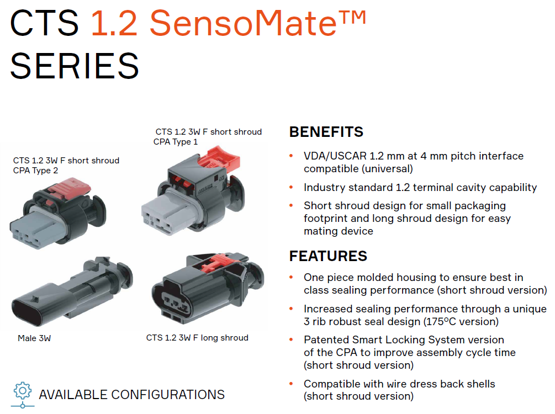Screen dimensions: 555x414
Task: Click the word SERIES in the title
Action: (x=75, y=66)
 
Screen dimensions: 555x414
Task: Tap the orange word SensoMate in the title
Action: (x=243, y=23)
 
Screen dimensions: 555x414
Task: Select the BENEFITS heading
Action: (x=326, y=132)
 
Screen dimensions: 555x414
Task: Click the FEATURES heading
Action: (x=328, y=256)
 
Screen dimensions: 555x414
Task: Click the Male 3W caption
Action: (x=34, y=338)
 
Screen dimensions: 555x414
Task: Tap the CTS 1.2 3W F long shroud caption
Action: (x=197, y=338)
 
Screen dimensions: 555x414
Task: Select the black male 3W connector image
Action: (x=72, y=291)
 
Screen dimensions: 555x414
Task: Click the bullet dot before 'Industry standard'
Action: (x=291, y=187)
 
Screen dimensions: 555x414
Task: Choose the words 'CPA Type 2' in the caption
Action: (x=35, y=171)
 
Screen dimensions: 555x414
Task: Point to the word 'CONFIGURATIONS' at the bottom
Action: (x=168, y=395)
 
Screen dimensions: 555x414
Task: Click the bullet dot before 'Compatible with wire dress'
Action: (x=291, y=384)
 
